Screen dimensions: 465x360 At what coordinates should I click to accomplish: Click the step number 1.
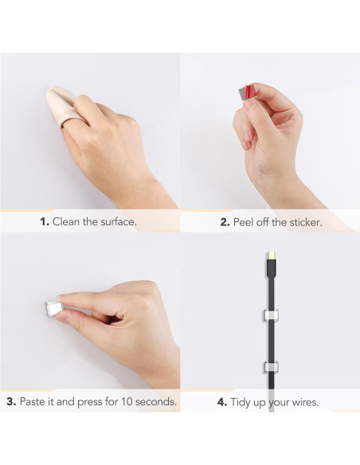[x=45, y=222]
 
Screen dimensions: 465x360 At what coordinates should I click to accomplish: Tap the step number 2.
[x=225, y=222]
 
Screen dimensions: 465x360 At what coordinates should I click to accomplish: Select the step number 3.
[x=11, y=402]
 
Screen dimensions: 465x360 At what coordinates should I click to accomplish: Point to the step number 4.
[x=222, y=402]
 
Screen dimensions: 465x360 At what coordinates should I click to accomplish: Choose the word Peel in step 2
[x=245, y=222]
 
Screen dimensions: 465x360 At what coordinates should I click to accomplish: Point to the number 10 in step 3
[x=128, y=402]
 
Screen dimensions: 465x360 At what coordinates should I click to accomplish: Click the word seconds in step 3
[x=157, y=402]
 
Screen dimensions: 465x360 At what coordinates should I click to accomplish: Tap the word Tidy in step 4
[x=244, y=402]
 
